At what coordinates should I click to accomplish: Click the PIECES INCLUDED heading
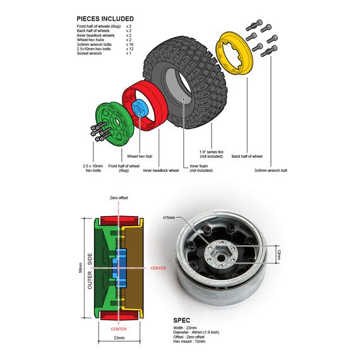(105, 19)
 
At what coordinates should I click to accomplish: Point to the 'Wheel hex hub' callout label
(140, 157)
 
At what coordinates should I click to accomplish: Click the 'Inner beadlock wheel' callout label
(160, 171)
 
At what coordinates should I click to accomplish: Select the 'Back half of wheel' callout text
(247, 157)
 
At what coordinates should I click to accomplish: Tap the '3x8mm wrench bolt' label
(271, 171)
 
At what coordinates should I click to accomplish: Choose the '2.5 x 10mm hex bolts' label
(93, 168)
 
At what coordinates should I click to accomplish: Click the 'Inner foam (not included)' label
(201, 168)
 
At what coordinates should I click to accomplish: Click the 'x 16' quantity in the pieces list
(129, 44)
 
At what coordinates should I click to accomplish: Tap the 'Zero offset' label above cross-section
(119, 198)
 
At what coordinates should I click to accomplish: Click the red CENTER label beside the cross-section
(158, 268)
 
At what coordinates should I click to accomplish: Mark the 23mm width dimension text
(119, 338)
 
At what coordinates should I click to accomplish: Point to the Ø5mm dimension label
(169, 217)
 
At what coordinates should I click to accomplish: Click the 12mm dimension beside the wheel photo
(279, 255)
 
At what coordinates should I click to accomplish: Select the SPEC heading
(182, 320)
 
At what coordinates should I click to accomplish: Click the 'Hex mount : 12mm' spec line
(189, 342)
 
